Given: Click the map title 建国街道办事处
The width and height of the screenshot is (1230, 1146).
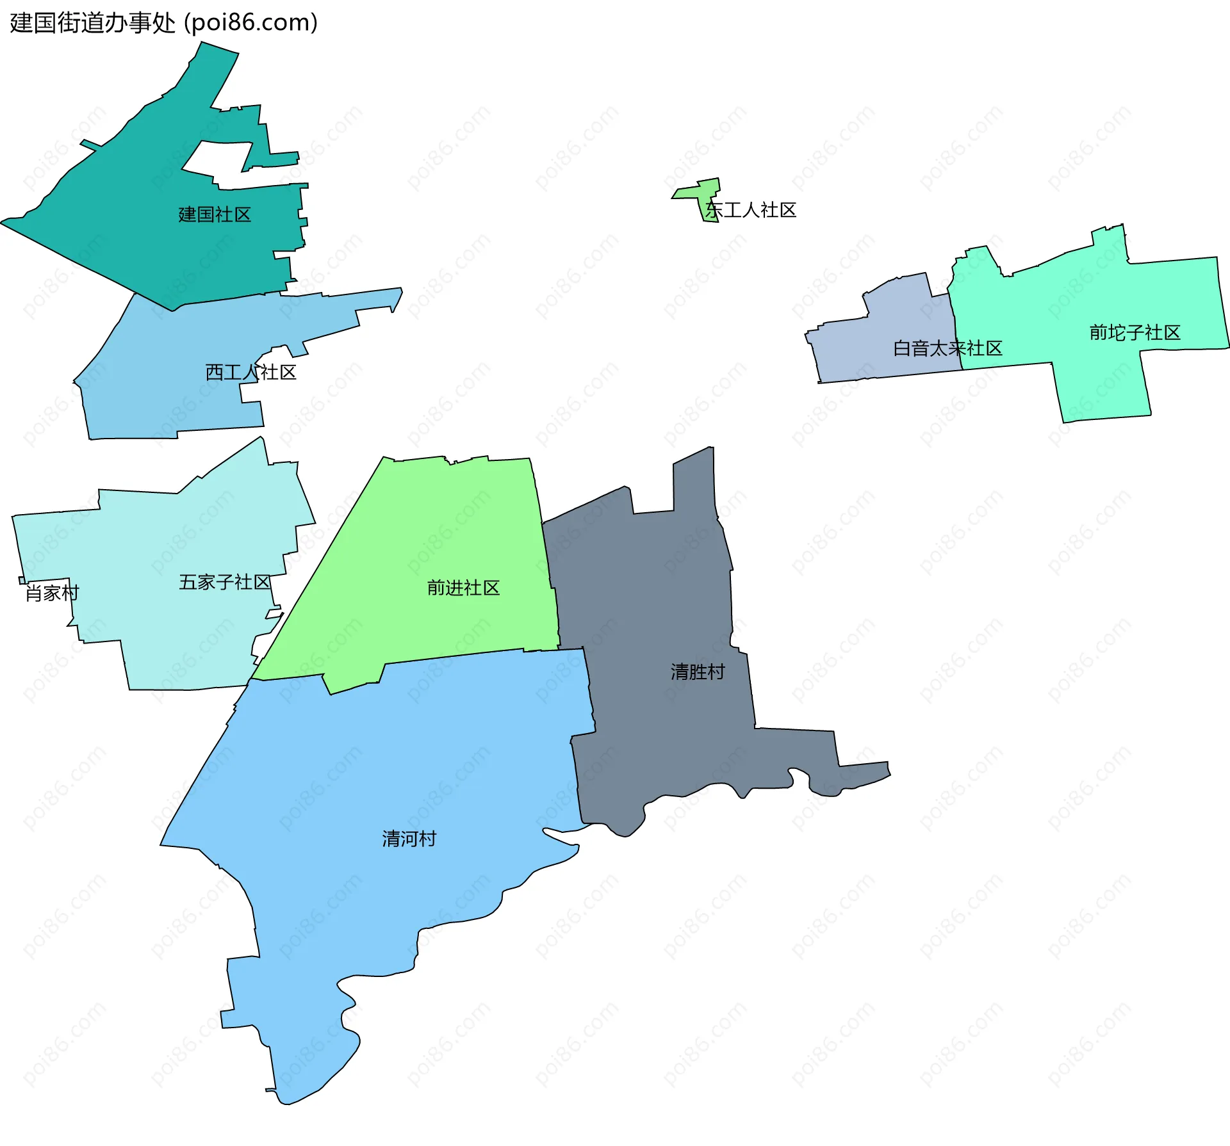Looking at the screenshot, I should (x=92, y=23).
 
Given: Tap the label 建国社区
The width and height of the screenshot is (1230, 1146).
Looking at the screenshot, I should (x=215, y=214).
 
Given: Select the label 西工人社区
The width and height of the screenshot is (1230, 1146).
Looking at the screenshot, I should (x=250, y=373).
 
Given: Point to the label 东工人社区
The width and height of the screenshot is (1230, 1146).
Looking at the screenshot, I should (x=751, y=210).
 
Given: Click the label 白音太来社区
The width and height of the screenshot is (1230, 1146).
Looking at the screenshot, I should (x=947, y=348).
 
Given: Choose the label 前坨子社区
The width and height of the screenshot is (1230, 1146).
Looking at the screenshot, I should (x=1135, y=333).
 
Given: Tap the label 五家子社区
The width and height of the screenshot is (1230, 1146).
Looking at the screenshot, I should (x=224, y=582).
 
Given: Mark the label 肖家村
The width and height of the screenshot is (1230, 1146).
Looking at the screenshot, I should (x=52, y=593).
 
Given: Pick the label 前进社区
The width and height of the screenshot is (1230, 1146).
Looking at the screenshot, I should (x=463, y=588).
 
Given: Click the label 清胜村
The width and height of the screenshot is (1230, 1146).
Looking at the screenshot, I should (x=698, y=672).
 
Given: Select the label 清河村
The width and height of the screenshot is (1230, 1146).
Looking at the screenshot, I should (x=409, y=839).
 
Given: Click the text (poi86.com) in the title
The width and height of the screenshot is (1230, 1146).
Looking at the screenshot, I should (x=250, y=23).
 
